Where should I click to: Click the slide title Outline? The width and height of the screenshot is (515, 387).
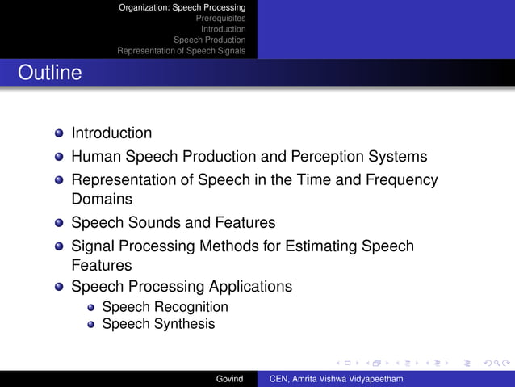click(x=50, y=73)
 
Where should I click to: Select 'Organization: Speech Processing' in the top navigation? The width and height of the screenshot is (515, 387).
click(x=182, y=7)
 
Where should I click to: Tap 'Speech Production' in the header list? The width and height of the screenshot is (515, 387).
click(x=209, y=40)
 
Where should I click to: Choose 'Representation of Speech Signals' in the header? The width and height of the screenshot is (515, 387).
click(x=181, y=50)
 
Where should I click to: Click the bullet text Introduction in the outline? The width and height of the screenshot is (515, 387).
click(x=111, y=133)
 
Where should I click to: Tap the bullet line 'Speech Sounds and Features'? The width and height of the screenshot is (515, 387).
click(x=173, y=222)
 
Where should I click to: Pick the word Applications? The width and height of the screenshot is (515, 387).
click(x=250, y=286)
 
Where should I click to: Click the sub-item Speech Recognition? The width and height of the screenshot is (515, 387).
click(x=165, y=307)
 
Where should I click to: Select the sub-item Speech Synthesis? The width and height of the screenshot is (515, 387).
click(x=158, y=324)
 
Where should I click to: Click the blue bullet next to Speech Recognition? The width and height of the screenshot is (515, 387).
click(x=91, y=308)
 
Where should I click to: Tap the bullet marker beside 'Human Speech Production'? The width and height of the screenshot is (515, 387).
click(x=60, y=157)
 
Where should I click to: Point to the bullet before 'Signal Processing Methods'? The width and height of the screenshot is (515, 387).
click(x=60, y=246)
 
